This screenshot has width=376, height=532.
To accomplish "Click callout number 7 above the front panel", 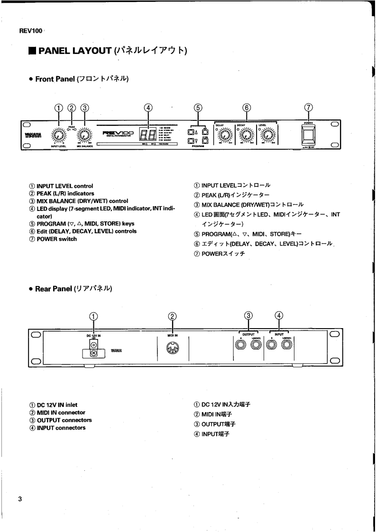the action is (x=309, y=107).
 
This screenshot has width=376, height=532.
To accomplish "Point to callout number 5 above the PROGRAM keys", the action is (x=198, y=107).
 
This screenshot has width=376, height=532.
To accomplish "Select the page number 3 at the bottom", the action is (x=20, y=499).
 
